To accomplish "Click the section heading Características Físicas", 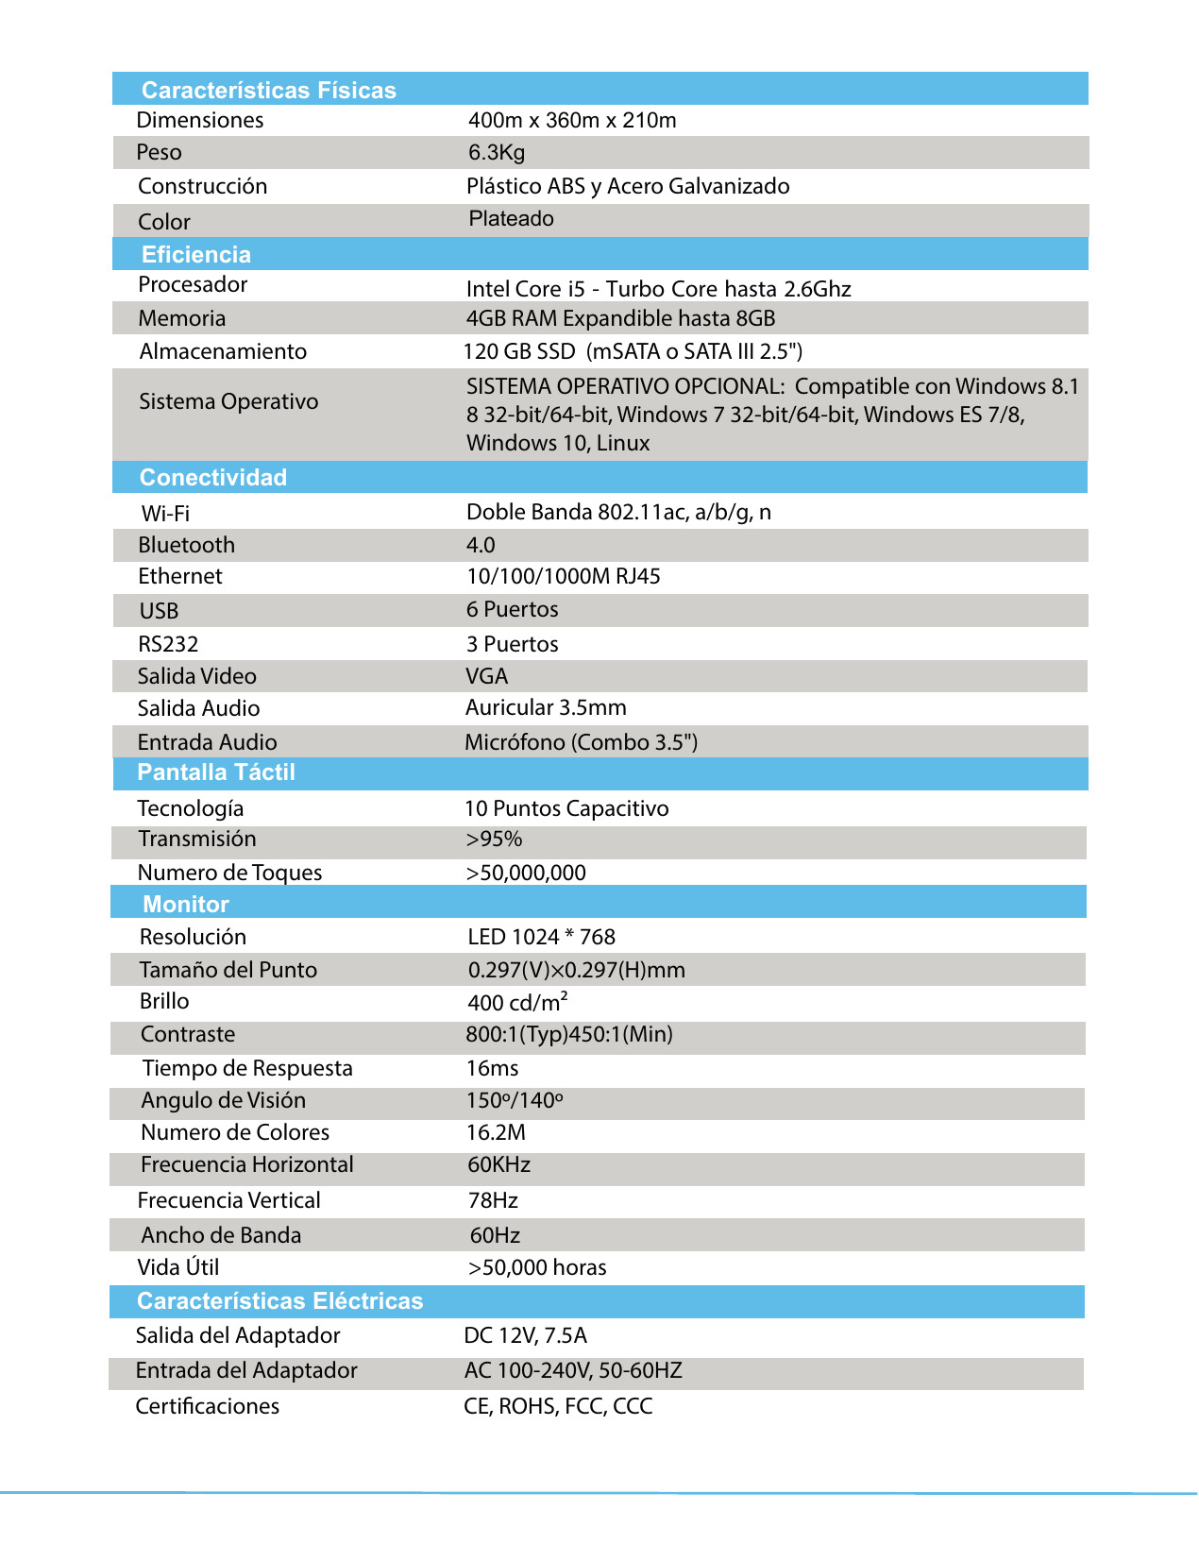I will (268, 90).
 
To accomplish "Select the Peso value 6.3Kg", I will (497, 152).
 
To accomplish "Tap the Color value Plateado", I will (511, 219).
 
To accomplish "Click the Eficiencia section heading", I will (195, 254).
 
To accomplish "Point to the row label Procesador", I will (193, 284).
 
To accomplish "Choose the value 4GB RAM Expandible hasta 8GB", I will (620, 318).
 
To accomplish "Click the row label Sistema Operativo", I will (228, 401).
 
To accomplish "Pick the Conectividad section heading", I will (212, 477).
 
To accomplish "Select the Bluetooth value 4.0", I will (481, 545).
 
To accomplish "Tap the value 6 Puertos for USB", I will (512, 609).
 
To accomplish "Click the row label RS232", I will (168, 644).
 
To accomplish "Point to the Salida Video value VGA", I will (486, 676).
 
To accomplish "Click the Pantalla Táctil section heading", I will (215, 772).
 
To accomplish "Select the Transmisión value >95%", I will (494, 839).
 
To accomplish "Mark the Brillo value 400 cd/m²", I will (517, 1002).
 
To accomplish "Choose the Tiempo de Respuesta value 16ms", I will (492, 1068).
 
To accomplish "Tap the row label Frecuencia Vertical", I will (228, 1200).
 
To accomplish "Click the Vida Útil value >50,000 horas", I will (536, 1267).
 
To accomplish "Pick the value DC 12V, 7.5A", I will (525, 1335).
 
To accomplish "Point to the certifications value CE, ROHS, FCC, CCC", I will (558, 1406).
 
